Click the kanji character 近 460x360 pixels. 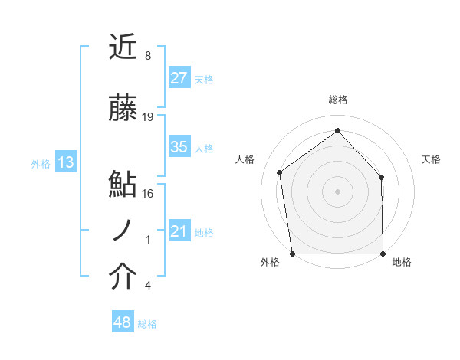tap(123, 47)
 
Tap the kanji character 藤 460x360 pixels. tap(123, 110)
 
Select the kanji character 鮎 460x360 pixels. tap(123, 185)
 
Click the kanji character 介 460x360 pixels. tap(123, 277)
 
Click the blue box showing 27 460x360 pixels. tap(179, 78)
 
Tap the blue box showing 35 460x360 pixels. tap(179, 147)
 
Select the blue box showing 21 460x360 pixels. tap(179, 231)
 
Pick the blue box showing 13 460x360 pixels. tap(65, 162)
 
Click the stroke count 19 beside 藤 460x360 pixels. tap(148, 117)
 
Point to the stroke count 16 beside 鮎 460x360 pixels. tap(148, 194)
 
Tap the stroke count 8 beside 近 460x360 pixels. tap(148, 56)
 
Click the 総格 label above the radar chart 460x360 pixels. tap(337, 100)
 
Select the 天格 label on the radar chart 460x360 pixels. tap(432, 159)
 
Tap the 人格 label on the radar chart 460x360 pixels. tap(245, 159)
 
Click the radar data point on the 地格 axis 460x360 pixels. tap(383, 254)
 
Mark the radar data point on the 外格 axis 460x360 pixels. tap(292, 254)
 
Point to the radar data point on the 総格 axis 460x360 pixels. tap(337, 131)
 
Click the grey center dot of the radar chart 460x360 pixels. tap(337, 191)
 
